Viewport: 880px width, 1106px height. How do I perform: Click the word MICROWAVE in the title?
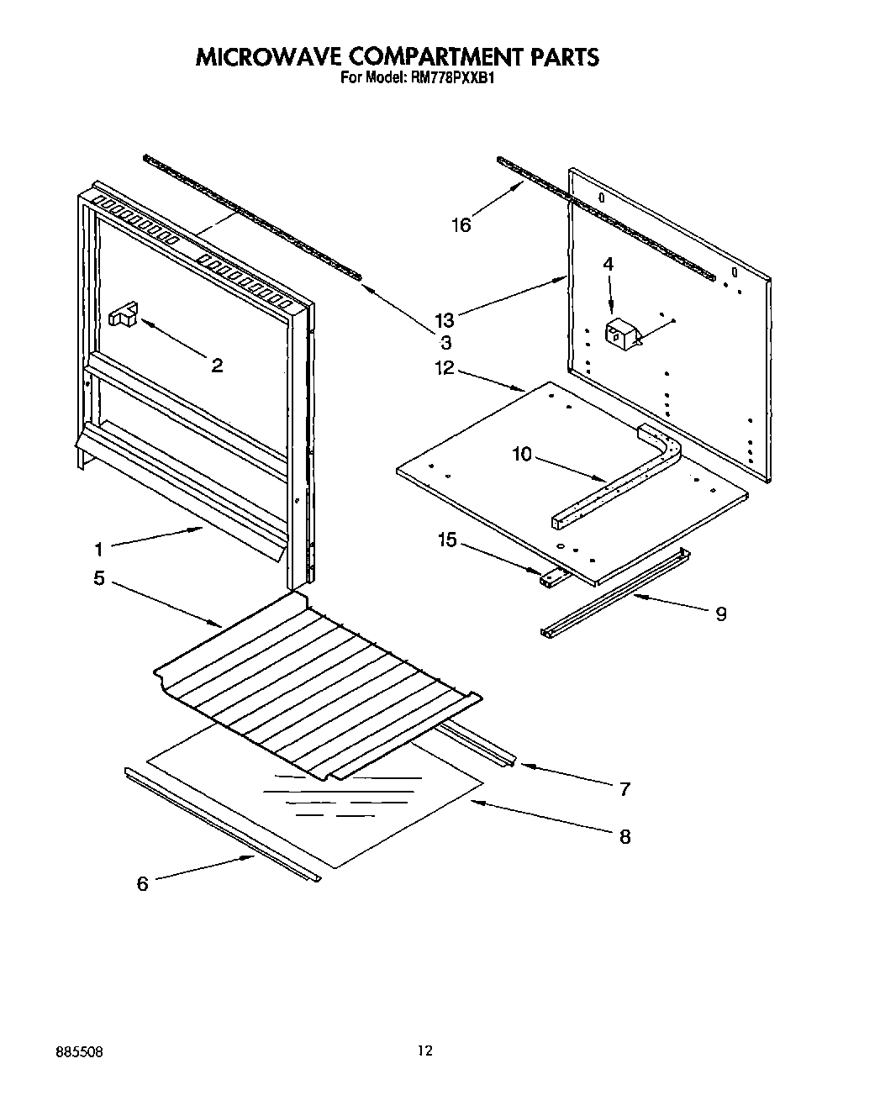267,57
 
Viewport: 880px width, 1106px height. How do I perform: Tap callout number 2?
217,366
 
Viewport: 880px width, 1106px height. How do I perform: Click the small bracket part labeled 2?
123,314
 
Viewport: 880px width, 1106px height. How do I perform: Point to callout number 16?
461,224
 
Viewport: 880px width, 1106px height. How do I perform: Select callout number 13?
445,320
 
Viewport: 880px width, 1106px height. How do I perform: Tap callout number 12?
444,367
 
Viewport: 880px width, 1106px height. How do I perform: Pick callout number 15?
447,540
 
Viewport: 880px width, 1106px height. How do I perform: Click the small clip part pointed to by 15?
551,577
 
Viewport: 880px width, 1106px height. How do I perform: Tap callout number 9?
720,614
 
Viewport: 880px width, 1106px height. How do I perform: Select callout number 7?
624,789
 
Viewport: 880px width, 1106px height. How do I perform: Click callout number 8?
624,837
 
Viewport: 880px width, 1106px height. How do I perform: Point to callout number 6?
142,884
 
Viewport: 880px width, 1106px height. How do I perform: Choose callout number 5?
99,579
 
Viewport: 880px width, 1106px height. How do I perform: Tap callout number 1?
98,550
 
